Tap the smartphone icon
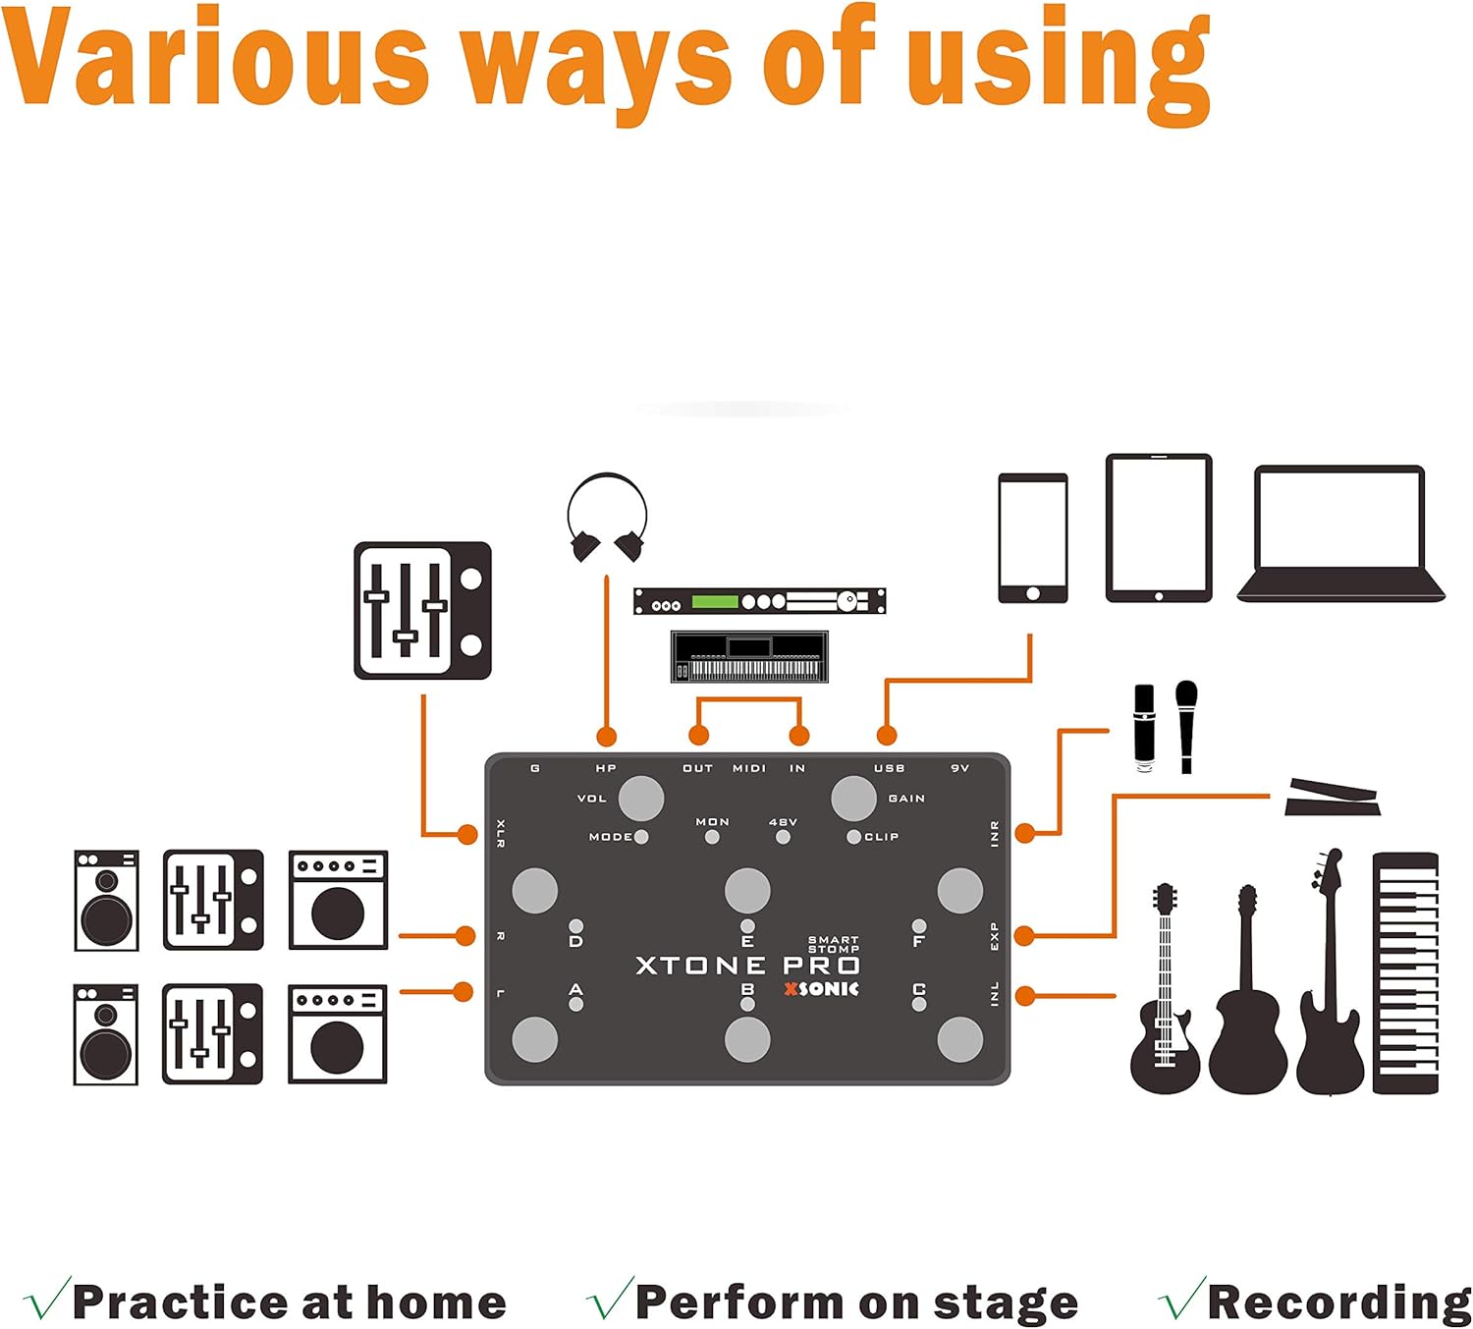click(x=1032, y=537)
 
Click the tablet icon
click(x=1159, y=527)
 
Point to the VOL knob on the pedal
click(x=641, y=798)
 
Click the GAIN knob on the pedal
click(x=853, y=798)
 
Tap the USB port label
click(x=889, y=768)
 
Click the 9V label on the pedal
click(x=959, y=768)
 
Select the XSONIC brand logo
click(x=821, y=989)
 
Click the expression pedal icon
click(x=1332, y=798)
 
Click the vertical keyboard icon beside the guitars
click(x=1405, y=972)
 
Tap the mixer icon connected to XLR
click(x=422, y=610)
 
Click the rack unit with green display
click(x=759, y=601)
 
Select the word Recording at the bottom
click(x=1338, y=1303)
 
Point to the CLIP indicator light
click(x=853, y=837)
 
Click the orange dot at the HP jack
click(x=607, y=737)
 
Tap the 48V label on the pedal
click(x=783, y=822)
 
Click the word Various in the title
click(x=216, y=59)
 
